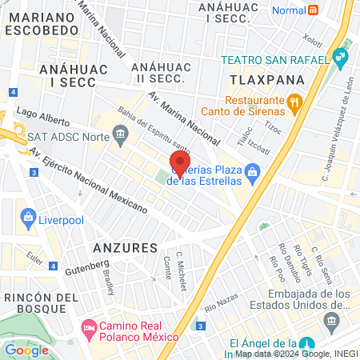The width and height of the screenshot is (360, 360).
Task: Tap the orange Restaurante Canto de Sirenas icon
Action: [x=294, y=102]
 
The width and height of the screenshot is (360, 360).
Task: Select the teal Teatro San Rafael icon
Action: [x=342, y=58]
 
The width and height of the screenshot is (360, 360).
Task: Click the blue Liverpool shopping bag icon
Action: [x=29, y=217]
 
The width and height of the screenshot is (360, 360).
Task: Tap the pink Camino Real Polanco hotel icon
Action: [x=88, y=328]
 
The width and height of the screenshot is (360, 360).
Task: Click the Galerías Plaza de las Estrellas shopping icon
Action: [x=253, y=171]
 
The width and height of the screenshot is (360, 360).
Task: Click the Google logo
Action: [x=27, y=350]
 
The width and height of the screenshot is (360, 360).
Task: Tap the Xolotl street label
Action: [x=313, y=40]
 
